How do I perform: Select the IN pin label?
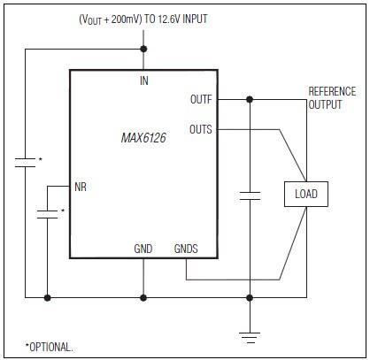(143, 80)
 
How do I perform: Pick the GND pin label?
(143, 249)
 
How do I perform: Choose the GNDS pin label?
(187, 249)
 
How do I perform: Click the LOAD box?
(305, 194)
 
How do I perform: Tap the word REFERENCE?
(332, 91)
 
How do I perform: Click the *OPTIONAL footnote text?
(50, 346)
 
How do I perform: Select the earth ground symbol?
(251, 334)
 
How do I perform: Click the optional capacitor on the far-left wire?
(26, 162)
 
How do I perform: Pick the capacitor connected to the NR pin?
(47, 212)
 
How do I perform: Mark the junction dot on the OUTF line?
(251, 99)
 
